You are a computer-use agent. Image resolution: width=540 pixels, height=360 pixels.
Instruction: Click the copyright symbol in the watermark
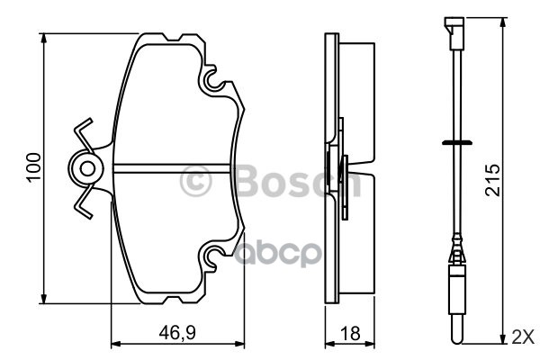point(195,182)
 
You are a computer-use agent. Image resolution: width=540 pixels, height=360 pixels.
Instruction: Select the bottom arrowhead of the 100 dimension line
point(44,299)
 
